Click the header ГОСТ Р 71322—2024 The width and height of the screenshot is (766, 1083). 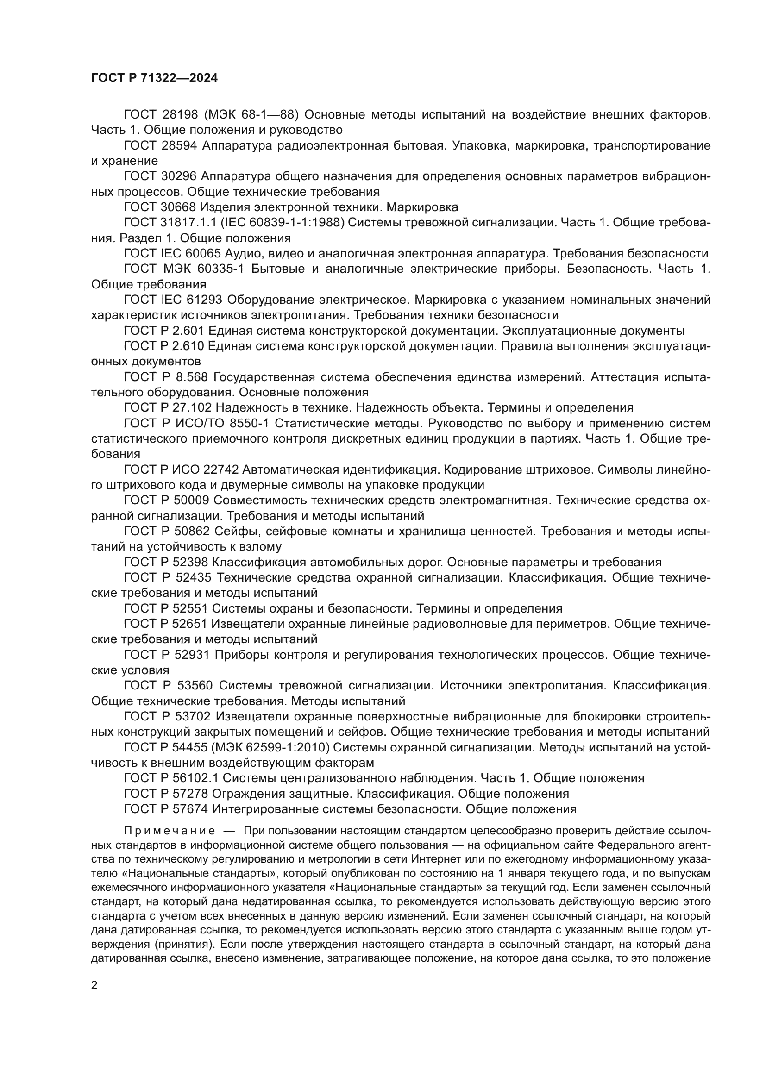pyautogui.click(x=154, y=78)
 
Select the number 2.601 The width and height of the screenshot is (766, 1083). pyautogui.click(x=187, y=331)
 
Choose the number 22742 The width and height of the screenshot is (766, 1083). pyautogui.click(x=222, y=470)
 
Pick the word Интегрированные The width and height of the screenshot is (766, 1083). pyautogui.click(x=265, y=809)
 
